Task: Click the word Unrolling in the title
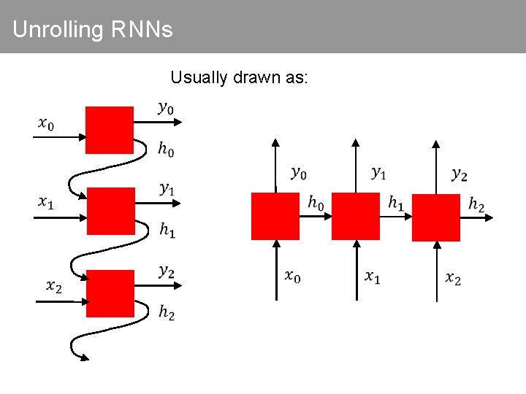(x=59, y=30)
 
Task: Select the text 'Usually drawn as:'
(x=239, y=77)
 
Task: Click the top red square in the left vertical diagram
(x=110, y=130)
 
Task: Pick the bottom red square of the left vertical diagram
(x=110, y=293)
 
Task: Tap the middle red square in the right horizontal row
(x=356, y=216)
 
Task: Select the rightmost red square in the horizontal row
(x=436, y=217)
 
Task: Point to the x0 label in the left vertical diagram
(x=46, y=124)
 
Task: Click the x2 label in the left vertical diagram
(x=54, y=287)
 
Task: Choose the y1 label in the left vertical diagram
(x=167, y=190)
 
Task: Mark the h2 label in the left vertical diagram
(x=167, y=312)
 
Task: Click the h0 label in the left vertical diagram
(x=166, y=149)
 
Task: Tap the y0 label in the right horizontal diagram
(x=299, y=173)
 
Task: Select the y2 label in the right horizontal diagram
(x=460, y=174)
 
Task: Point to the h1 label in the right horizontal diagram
(x=396, y=204)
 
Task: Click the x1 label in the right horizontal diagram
(x=373, y=277)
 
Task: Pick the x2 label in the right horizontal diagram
(x=453, y=279)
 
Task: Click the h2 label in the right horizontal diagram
(x=476, y=205)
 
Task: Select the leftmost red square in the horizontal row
(x=275, y=216)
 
